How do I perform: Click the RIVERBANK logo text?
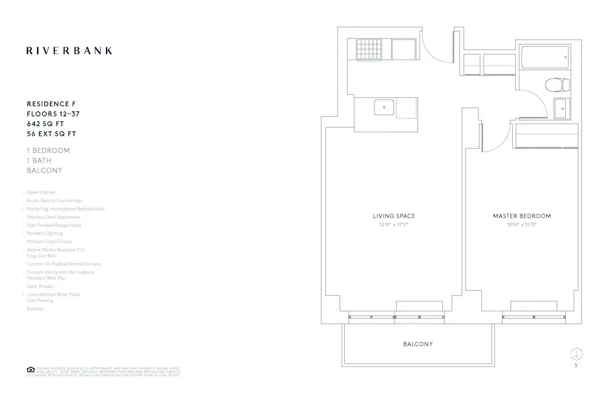click(69, 51)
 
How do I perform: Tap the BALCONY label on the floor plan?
click(418, 344)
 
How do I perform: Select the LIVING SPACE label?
click(394, 216)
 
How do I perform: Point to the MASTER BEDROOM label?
click(522, 216)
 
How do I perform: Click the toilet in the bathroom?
click(555, 84)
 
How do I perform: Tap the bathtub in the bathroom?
click(545, 58)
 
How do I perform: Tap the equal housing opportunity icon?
click(30, 369)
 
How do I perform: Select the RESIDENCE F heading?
click(51, 104)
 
